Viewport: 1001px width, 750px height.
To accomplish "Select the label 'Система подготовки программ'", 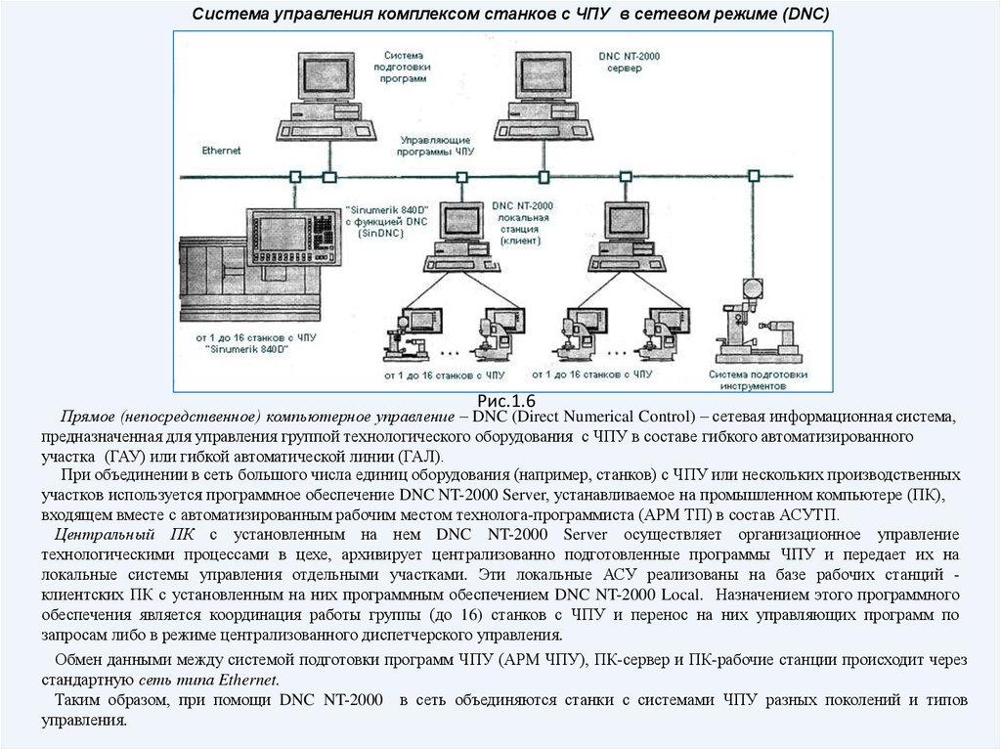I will pos(405,66).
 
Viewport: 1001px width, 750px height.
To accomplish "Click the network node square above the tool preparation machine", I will pos(753,176).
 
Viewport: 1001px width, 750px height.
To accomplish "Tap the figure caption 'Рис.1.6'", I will pos(506,401).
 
